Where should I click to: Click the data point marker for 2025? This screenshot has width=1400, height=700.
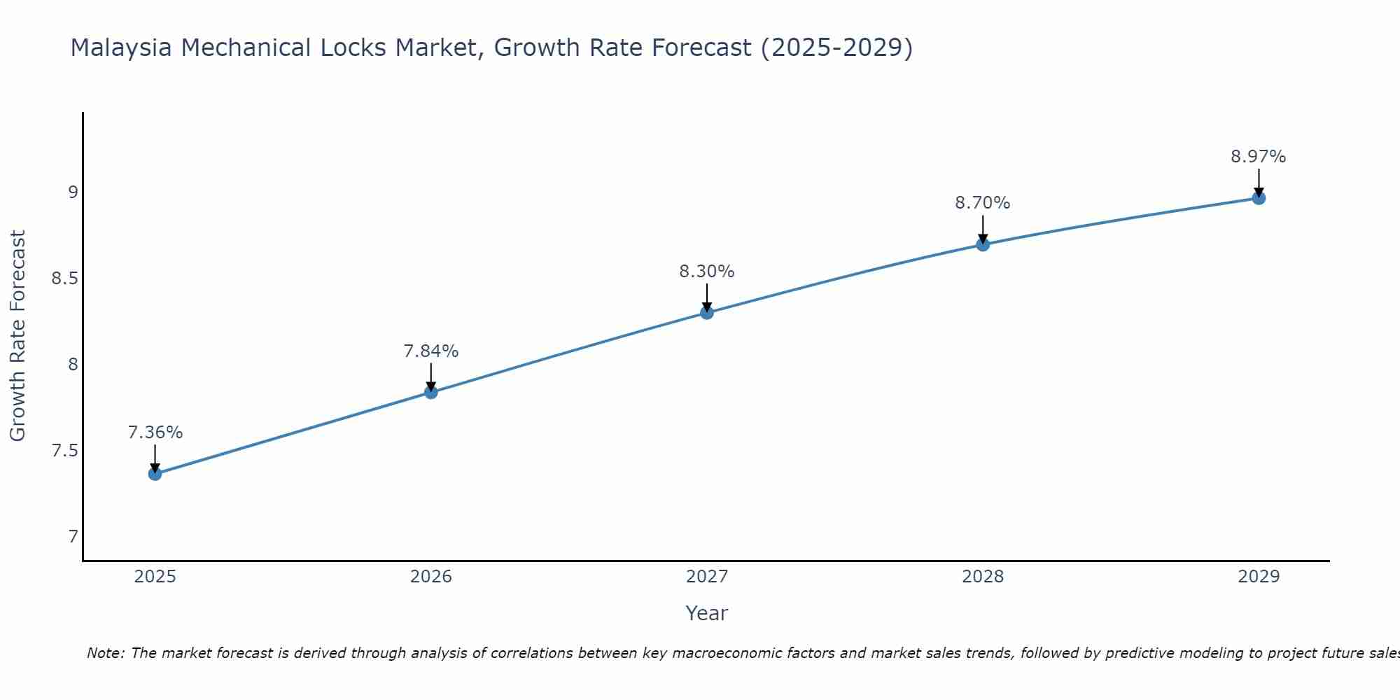(x=155, y=474)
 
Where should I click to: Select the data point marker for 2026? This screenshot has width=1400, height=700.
(x=431, y=392)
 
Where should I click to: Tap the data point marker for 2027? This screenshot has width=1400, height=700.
(x=707, y=312)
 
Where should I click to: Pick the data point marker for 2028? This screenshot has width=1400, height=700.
(x=983, y=244)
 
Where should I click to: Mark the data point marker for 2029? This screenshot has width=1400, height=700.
(x=1259, y=198)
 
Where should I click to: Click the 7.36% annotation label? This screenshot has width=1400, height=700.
(x=155, y=433)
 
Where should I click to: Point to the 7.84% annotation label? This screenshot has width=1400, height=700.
(x=431, y=351)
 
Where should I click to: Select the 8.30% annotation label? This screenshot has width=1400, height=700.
(x=707, y=272)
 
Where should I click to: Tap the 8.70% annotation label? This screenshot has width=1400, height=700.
(x=983, y=203)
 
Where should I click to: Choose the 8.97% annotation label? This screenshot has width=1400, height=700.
(x=1259, y=157)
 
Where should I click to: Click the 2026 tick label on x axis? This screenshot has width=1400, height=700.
(x=431, y=577)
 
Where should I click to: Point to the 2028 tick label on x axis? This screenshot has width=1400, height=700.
(x=983, y=577)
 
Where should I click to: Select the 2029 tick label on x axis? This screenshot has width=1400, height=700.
(x=1259, y=577)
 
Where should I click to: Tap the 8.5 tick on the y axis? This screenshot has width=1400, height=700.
(x=64, y=279)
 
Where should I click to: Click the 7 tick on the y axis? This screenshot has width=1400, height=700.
(x=73, y=537)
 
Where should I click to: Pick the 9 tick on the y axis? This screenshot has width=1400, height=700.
(x=73, y=192)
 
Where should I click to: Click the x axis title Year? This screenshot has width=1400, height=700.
(x=707, y=613)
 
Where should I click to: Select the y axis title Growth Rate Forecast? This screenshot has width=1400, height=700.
(x=17, y=336)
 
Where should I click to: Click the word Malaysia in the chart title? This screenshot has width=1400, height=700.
(x=122, y=48)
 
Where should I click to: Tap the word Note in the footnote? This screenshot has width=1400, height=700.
(x=105, y=653)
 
